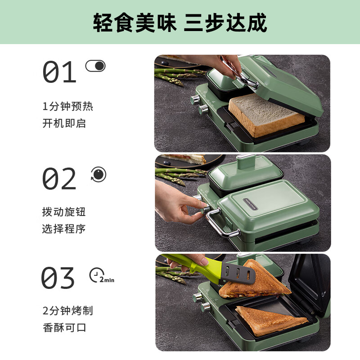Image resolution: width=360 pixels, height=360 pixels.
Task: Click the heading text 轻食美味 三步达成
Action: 180,22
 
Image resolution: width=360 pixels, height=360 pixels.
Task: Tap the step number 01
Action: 59,72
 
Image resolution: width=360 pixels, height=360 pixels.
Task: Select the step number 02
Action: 59,179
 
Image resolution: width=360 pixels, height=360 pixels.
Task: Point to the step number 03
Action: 58,278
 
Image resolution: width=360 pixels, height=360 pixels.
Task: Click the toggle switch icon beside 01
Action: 95,66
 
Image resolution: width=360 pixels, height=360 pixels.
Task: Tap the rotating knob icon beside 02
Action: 99,174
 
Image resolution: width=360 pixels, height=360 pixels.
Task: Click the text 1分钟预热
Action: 68,107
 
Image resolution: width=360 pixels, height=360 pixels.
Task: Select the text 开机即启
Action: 64,123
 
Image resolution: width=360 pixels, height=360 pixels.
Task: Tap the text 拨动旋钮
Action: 64,212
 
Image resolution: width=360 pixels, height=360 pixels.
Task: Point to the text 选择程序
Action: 64,229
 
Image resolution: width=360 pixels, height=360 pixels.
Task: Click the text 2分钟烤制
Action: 68,310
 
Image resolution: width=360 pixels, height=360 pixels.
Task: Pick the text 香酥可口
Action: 64,327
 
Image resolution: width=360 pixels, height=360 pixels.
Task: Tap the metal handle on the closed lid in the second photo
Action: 220,225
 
